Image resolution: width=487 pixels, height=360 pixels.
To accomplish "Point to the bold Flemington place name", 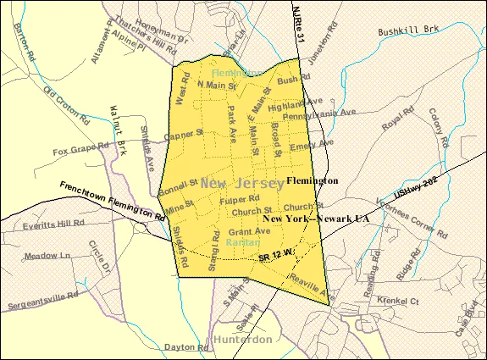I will [x=312, y=180].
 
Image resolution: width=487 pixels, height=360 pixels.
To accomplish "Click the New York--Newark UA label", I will [x=317, y=219].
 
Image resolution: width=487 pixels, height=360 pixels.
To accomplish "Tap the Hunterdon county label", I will [x=243, y=339].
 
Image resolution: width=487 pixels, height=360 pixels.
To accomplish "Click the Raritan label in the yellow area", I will [x=243, y=242].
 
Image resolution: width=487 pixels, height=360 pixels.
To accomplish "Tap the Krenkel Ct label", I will [x=397, y=300].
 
